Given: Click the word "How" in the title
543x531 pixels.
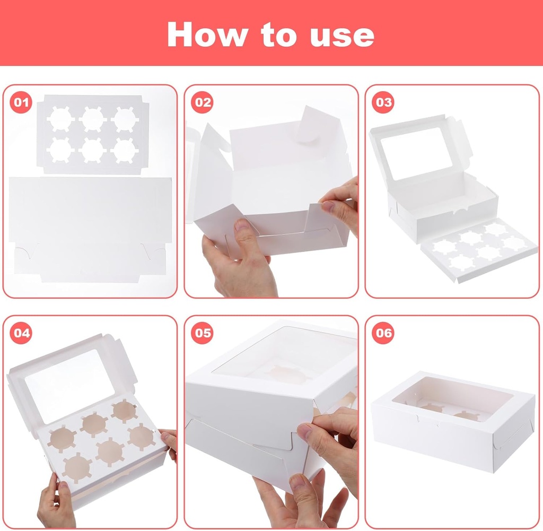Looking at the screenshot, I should (207, 34).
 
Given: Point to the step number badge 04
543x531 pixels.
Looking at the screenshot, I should (21, 333).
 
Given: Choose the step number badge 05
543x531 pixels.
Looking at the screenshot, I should (203, 333).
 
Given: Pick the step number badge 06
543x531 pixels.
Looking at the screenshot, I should (383, 333).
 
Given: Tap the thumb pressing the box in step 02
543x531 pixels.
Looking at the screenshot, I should (244, 233).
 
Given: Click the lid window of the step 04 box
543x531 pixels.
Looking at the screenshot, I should (69, 378).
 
